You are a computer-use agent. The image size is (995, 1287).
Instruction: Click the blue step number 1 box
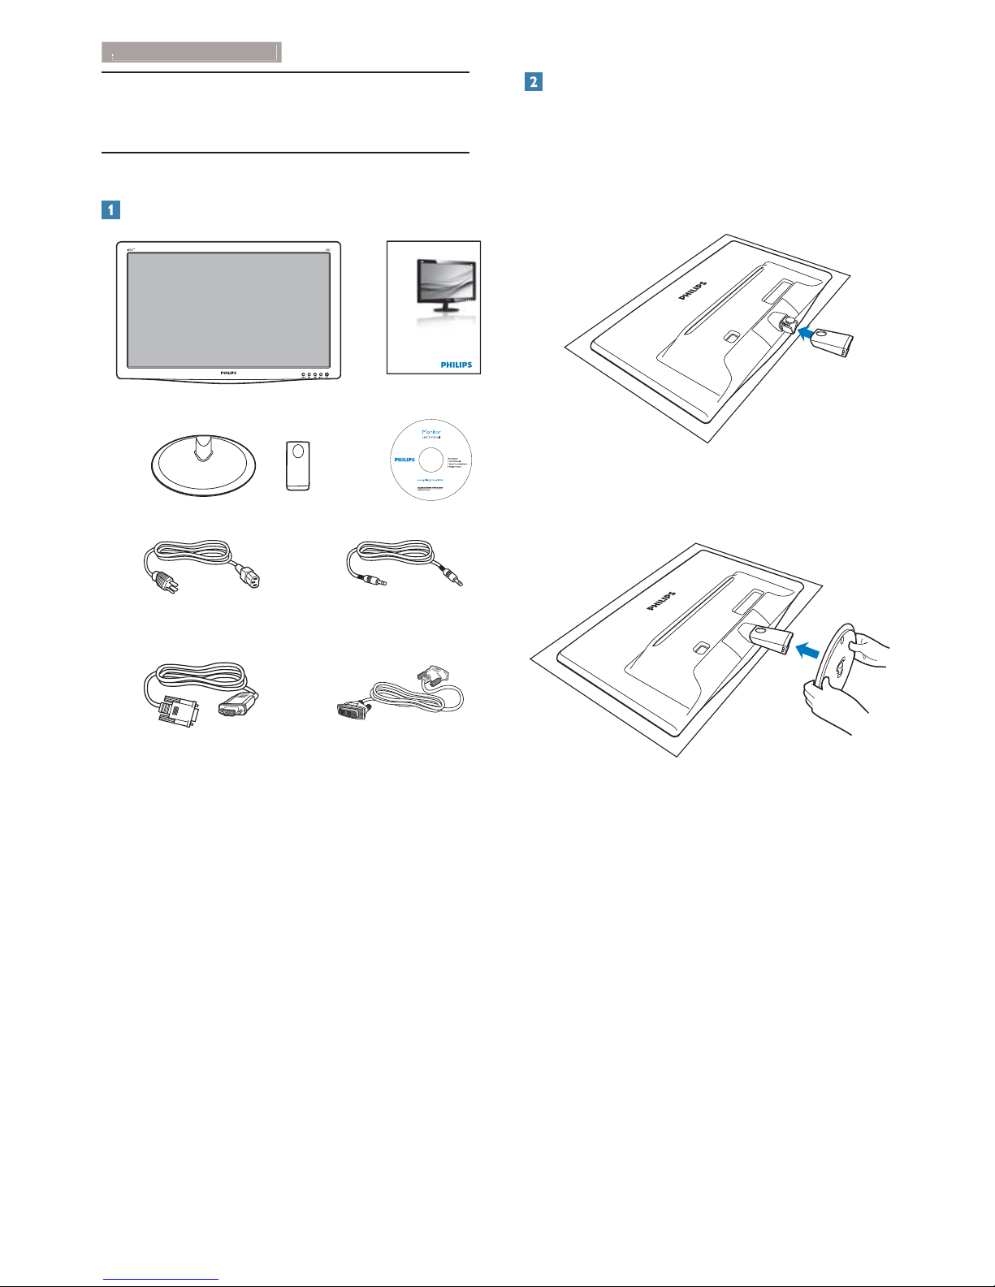tap(110, 209)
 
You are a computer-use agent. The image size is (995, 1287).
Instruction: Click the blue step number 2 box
tap(533, 81)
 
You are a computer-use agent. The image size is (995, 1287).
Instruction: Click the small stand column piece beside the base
tap(298, 465)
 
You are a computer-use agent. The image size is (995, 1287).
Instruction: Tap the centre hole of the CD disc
tap(431, 460)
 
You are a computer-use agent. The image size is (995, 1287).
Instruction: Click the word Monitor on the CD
tap(431, 431)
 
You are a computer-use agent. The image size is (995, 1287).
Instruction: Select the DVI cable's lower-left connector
tap(353, 710)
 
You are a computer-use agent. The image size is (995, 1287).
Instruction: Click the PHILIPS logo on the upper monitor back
tap(692, 291)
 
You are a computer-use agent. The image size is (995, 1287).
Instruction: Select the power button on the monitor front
tap(329, 374)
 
